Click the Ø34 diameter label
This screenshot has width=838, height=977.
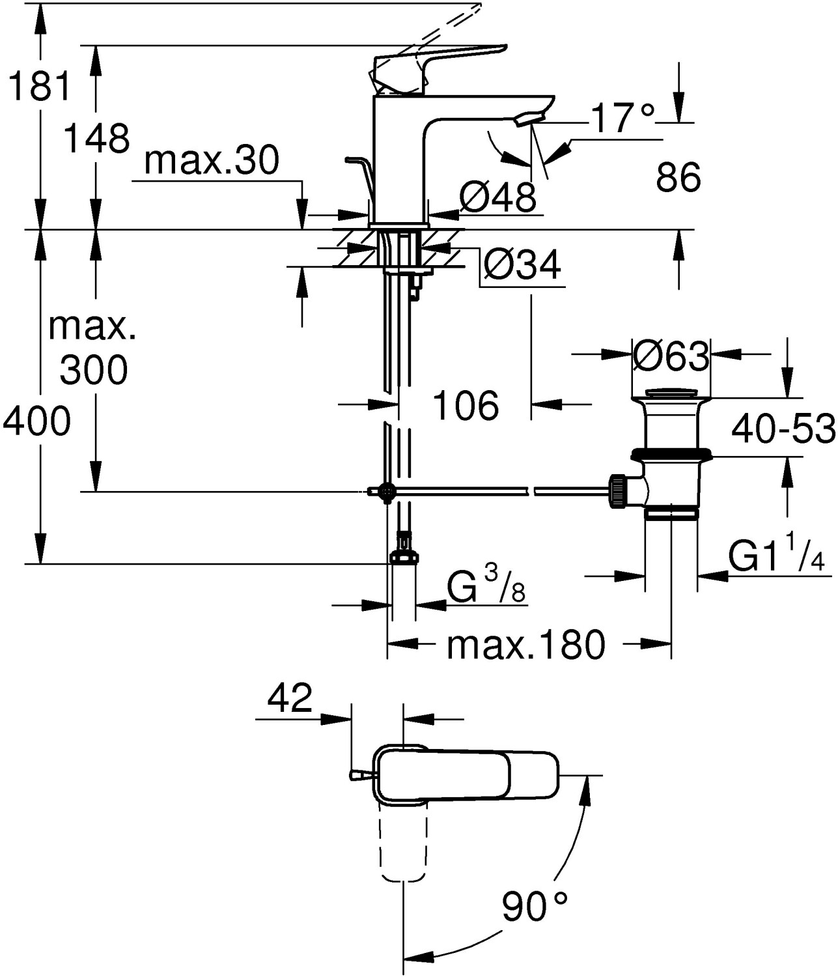522,265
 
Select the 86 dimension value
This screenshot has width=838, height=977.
678,177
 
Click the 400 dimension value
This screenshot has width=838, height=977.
36,421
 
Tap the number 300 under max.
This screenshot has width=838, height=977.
94,371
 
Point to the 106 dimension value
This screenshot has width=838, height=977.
466,405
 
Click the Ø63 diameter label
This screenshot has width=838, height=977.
671,356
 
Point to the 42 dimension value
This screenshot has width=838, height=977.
290,699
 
